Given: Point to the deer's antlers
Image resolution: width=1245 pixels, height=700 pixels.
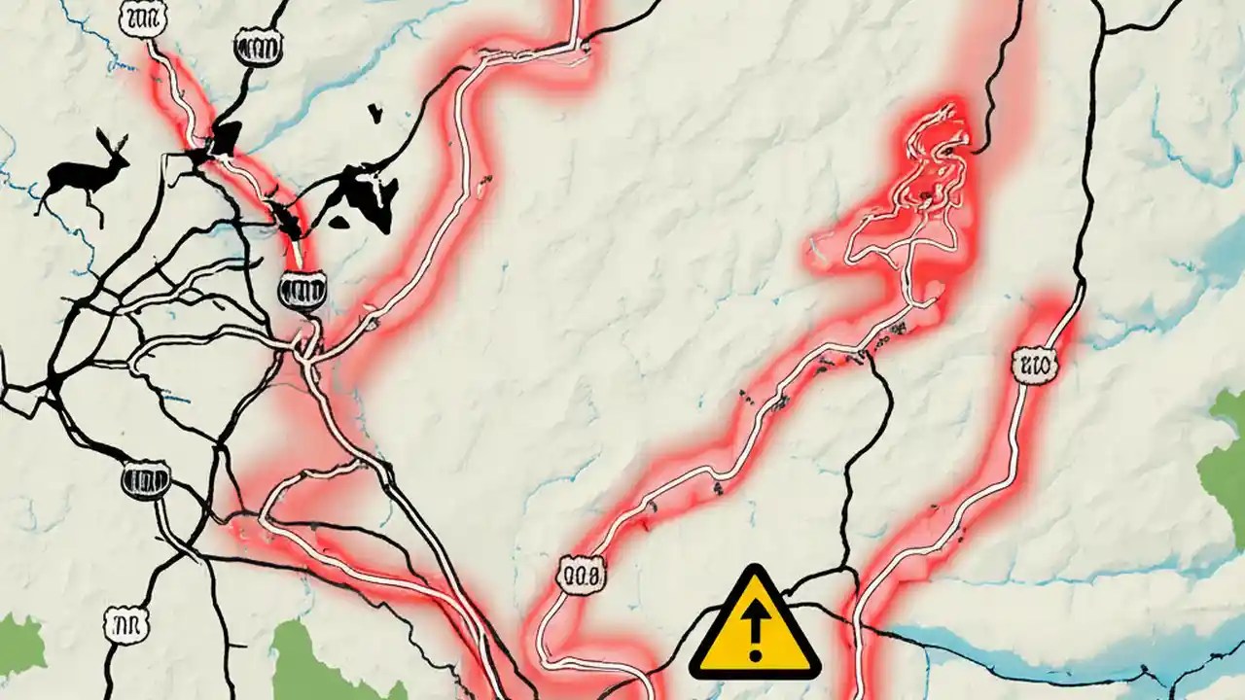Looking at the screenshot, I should tap(112, 144).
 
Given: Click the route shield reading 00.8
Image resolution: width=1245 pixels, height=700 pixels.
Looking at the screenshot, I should tap(582, 574).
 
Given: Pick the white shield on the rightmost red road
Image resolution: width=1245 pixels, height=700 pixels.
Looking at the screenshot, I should tap(1033, 366).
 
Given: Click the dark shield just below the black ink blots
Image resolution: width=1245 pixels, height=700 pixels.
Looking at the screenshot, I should tap(302, 290).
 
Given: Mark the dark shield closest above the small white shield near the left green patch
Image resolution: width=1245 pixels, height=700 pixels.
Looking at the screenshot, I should tap(147, 477).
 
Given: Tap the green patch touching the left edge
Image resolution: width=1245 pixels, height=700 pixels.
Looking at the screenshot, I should tap(19, 647).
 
